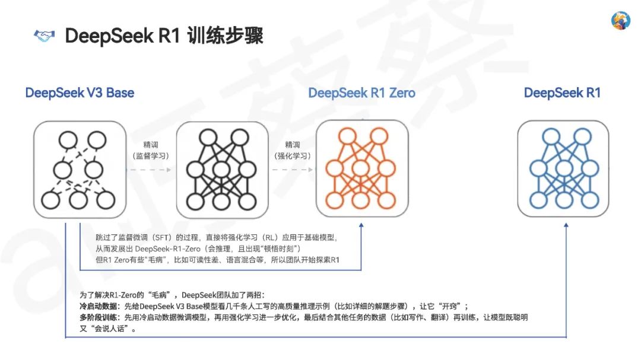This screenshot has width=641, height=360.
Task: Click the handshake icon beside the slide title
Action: coord(43,36)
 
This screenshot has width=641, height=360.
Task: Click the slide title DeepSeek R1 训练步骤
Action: coord(164,36)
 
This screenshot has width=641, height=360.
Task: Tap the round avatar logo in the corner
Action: coord(620,21)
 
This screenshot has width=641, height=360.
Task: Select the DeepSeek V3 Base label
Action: coord(80,93)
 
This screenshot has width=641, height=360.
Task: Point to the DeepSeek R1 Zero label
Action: coord(362,93)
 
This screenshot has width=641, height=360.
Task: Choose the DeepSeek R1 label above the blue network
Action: coord(562,93)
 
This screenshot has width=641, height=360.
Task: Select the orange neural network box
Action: coord(362,168)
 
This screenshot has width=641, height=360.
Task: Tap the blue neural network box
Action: coord(563,168)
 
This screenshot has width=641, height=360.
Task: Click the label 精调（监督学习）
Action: coord(151,150)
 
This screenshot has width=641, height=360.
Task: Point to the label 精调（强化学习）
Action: coord(293,150)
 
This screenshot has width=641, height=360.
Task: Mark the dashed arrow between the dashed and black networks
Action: coord(151,170)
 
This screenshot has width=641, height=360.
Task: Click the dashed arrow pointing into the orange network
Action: coord(293,170)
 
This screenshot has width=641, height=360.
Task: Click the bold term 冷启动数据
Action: coord(97,307)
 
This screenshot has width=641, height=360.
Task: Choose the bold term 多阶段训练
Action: coord(97,317)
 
